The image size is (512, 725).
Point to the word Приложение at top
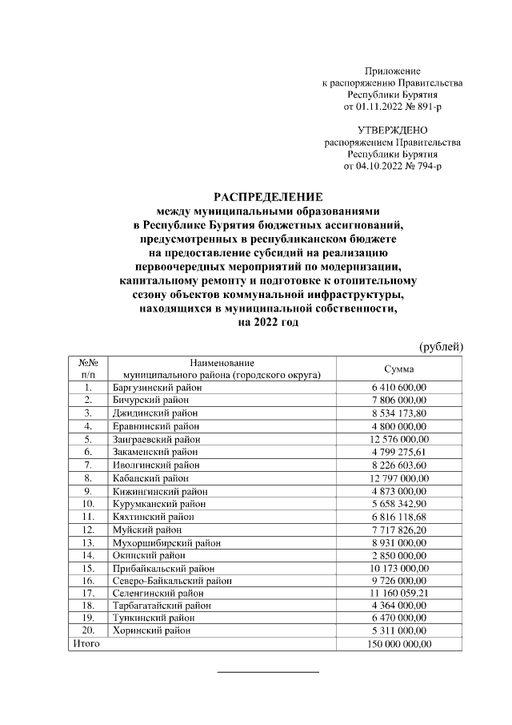[392, 71]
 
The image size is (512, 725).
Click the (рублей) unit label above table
[442, 346]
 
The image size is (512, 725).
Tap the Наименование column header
[222, 363]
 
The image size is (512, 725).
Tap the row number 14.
[88, 554]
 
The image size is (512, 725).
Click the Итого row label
[86, 644]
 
